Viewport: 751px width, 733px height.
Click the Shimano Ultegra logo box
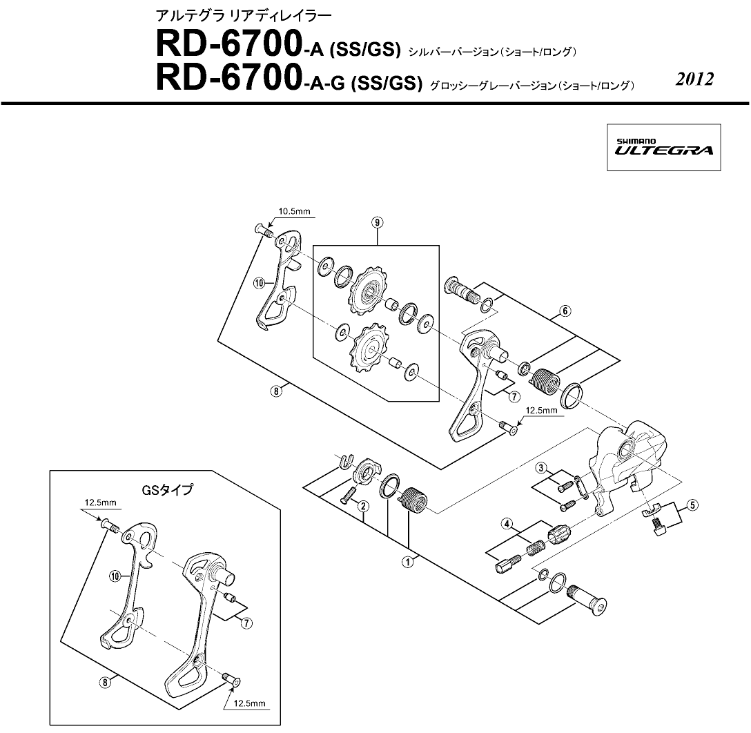664,148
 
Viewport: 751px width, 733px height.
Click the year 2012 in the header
694,79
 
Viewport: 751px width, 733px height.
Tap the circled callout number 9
378,222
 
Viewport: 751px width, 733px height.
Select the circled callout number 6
565,311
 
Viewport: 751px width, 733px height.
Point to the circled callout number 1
407,562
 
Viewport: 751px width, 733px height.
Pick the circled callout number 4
507,524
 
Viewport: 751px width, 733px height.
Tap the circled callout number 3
541,468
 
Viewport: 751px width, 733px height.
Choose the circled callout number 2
364,506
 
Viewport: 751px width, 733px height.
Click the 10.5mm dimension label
295,211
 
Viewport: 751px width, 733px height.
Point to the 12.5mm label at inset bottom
249,704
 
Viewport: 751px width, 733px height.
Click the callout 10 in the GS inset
115,576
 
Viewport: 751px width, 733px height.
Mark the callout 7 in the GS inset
246,623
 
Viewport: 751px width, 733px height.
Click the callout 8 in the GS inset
105,682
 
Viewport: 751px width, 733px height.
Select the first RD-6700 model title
277,45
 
